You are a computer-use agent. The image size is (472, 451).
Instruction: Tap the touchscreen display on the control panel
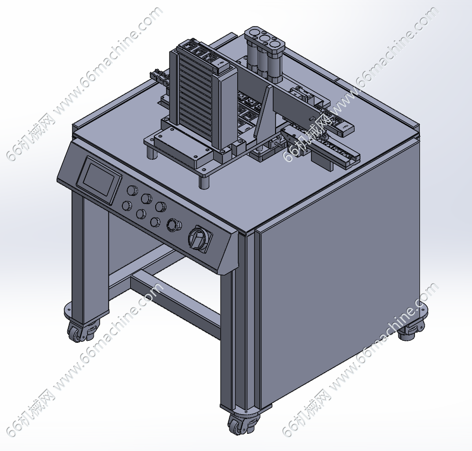point(99,179)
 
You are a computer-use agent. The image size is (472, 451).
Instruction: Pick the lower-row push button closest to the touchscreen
point(127,206)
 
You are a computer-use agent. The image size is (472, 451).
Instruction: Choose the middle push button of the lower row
point(141,214)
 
